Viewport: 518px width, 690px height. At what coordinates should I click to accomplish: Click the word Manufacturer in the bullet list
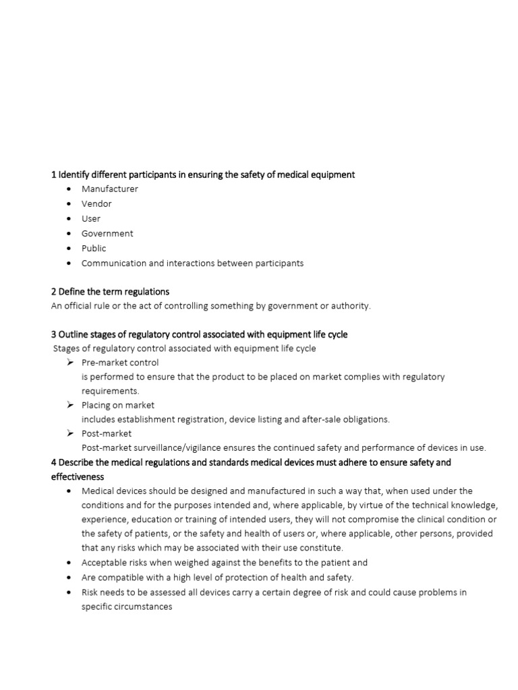(x=109, y=189)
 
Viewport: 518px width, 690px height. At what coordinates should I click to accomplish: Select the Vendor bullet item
(x=96, y=204)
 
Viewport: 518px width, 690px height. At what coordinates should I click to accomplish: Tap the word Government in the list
(x=107, y=234)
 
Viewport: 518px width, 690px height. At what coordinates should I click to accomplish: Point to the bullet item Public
(x=94, y=249)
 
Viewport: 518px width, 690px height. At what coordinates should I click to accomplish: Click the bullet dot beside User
(x=69, y=219)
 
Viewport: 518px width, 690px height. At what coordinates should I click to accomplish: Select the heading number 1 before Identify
(x=54, y=175)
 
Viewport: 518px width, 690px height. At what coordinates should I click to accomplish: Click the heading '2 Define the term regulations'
(x=110, y=292)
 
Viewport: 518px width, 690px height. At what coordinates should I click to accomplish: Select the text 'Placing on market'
(x=118, y=405)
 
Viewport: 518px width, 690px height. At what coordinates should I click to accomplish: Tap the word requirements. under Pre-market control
(x=110, y=391)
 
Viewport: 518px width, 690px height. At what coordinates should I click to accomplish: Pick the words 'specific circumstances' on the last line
(x=127, y=606)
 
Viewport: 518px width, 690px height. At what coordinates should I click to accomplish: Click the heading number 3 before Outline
(x=54, y=334)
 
